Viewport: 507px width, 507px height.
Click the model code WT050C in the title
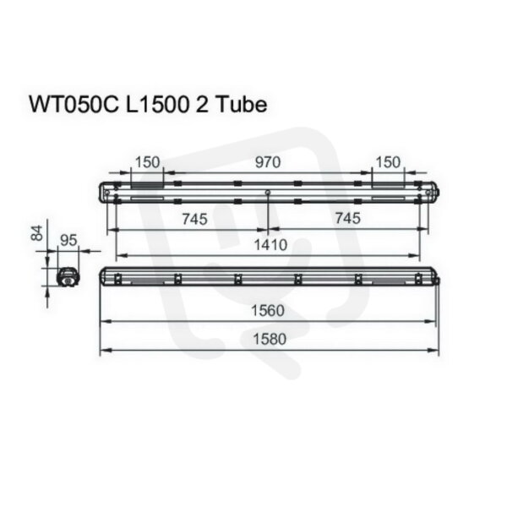pos(74,105)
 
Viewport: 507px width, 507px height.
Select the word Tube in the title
pos(241,105)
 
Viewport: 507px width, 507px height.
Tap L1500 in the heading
pos(157,105)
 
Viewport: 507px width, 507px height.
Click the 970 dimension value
pos(268,162)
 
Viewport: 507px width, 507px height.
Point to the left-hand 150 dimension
pos(147,162)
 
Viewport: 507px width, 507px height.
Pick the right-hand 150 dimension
pos(388,162)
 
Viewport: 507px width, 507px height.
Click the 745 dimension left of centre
pos(194,219)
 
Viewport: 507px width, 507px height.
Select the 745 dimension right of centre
pos(347,218)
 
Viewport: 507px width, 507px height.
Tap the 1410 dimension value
pos(270,245)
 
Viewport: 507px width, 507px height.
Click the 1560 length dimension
pos(268,311)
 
